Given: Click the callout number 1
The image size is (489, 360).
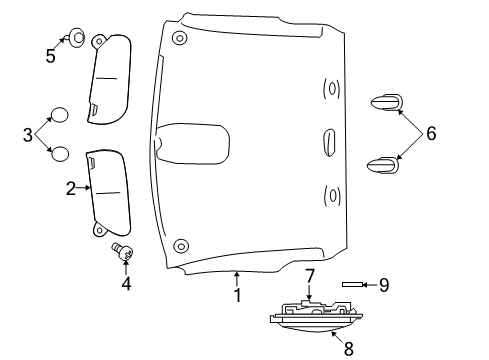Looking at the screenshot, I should pyautogui.click(x=237, y=295).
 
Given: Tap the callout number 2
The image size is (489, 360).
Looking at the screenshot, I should pyautogui.click(x=71, y=187).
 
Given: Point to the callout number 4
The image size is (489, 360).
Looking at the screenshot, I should pyautogui.click(x=126, y=283).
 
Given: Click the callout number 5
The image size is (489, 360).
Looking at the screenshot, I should pyautogui.click(x=51, y=56).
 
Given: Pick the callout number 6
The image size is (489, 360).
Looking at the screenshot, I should pyautogui.click(x=432, y=133).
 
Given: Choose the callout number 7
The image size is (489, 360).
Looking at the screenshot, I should pyautogui.click(x=310, y=274).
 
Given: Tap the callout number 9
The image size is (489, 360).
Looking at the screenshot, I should pyautogui.click(x=384, y=285).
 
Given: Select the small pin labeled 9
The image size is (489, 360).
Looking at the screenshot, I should pyautogui.click(x=352, y=285).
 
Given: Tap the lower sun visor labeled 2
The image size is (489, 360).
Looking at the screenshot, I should pyautogui.click(x=110, y=189).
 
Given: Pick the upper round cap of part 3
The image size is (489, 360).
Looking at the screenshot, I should pyautogui.click(x=60, y=115).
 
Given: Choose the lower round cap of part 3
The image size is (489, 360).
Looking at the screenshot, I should pyautogui.click(x=60, y=153).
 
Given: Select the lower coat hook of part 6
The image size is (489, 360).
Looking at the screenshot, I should pyautogui.click(x=385, y=163).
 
